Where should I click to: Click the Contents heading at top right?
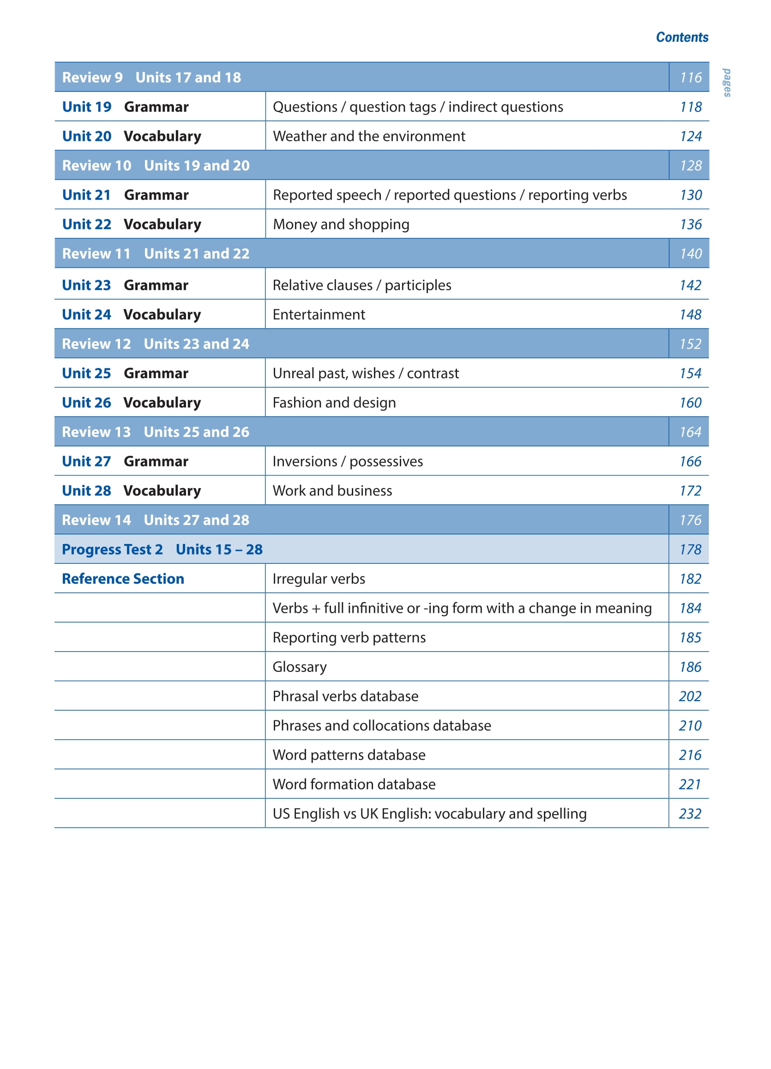(681, 37)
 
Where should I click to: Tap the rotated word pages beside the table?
(727, 83)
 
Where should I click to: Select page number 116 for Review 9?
(690, 77)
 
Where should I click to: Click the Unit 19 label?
(87, 107)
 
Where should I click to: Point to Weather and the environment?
(368, 136)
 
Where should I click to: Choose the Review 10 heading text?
(96, 165)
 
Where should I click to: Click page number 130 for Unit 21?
(690, 195)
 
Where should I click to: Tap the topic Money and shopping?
(341, 224)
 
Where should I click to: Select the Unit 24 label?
(86, 314)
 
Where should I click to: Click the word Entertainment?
(319, 314)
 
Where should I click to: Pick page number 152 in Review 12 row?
(690, 344)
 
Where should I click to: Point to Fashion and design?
(334, 403)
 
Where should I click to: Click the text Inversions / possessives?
(347, 461)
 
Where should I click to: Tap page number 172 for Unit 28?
(690, 491)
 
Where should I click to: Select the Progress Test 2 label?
(112, 549)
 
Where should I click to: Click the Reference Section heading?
(123, 579)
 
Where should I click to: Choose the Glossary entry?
(299, 666)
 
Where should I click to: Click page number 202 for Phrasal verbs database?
(690, 696)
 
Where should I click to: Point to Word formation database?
(354, 784)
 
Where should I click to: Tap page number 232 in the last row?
(690, 814)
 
